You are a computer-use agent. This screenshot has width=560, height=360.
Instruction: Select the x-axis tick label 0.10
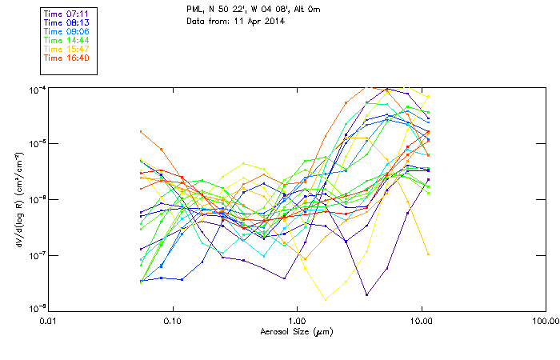pos(172,320)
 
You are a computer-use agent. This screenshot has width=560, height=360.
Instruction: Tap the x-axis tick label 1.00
pos(297,320)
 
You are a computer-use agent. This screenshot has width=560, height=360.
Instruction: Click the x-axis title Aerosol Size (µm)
pos(296,331)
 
